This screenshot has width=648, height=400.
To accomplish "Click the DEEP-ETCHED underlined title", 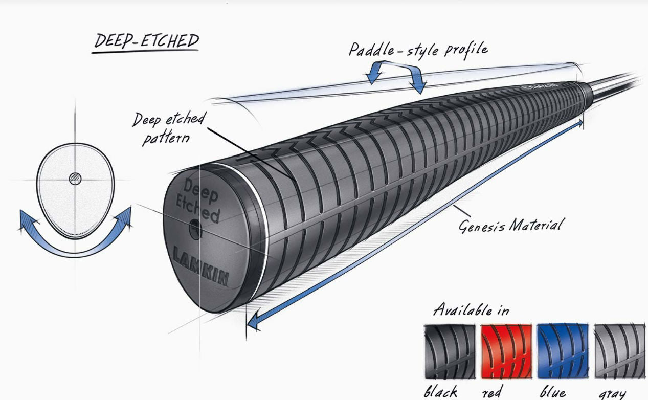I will (x=146, y=41).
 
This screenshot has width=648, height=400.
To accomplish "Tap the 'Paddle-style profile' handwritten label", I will (x=418, y=49).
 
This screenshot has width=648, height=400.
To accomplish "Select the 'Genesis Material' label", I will (x=511, y=225).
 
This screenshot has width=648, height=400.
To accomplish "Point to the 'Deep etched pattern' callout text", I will (x=167, y=128).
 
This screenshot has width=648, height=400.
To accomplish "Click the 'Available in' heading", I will (x=471, y=309).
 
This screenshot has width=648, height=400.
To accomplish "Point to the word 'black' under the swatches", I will (x=440, y=392).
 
